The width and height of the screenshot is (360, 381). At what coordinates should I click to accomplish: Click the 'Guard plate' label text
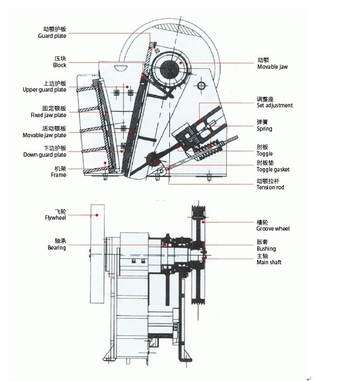[52, 36]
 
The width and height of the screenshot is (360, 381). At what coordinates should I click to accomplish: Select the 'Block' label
[60, 65]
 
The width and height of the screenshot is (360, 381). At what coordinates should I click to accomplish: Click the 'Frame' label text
[58, 175]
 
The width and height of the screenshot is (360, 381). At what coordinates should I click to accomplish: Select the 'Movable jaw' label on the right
[272, 67]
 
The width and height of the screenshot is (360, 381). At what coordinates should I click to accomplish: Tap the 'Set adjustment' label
[274, 106]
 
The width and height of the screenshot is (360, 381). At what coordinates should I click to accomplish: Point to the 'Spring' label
[264, 129]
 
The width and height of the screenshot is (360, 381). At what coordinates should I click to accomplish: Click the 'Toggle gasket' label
[273, 169]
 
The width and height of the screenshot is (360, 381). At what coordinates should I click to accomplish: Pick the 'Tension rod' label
[270, 187]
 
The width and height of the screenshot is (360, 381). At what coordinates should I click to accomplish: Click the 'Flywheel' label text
[56, 217]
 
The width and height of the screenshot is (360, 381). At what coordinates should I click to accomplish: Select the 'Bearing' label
[57, 248]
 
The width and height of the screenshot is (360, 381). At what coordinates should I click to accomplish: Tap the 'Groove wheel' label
[273, 228]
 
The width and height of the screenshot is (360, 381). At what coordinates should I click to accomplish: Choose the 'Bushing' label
[266, 249]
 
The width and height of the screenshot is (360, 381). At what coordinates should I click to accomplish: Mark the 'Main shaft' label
[269, 262]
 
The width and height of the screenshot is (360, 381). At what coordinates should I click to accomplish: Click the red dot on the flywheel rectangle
[98, 215]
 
